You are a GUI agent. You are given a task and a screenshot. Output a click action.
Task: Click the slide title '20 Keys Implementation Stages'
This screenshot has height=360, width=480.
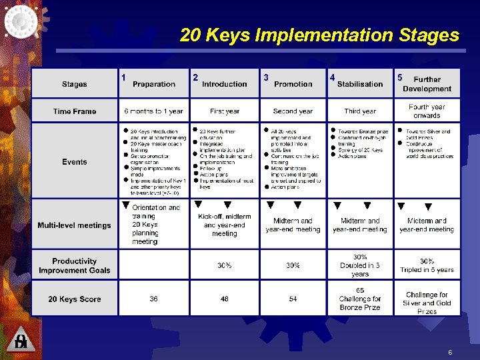(x=319, y=35)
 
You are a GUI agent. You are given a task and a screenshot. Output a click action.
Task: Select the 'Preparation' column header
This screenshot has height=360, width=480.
(x=154, y=84)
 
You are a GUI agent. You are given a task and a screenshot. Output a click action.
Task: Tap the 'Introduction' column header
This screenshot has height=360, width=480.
(x=225, y=84)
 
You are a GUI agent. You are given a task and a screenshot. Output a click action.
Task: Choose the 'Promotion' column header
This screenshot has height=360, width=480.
(x=293, y=84)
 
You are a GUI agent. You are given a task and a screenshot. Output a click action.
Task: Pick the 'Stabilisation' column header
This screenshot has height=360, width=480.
(x=360, y=84)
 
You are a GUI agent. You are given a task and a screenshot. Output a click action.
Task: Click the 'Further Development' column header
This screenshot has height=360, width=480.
(x=427, y=84)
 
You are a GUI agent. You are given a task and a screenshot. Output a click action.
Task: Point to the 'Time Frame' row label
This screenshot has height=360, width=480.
(x=75, y=111)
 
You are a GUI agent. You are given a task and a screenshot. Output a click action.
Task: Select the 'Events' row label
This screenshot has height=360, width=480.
(x=75, y=161)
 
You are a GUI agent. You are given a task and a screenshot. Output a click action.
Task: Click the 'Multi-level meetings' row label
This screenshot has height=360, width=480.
(x=75, y=225)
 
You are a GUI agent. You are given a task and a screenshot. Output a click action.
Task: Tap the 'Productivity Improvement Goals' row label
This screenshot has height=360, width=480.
(x=75, y=265)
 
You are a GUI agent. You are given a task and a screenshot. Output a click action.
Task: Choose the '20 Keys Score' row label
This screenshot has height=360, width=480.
(x=75, y=299)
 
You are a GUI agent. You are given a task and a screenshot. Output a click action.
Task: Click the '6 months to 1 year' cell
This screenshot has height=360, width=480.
(x=154, y=111)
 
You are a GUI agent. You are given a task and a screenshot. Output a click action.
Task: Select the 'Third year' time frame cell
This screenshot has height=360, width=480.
(x=360, y=111)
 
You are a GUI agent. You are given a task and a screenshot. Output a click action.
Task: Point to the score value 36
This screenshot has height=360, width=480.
(x=154, y=299)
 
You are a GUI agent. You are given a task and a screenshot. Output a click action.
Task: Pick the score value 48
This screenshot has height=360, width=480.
(x=225, y=299)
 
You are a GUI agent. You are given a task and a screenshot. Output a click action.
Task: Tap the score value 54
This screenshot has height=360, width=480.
(x=293, y=299)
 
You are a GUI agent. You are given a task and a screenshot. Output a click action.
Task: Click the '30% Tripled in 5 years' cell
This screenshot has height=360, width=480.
(x=427, y=265)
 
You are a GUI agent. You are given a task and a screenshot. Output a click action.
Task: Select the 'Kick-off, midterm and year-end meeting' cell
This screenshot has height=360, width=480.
(x=225, y=225)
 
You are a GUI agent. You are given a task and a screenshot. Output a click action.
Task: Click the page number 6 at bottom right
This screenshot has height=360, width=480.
(x=450, y=351)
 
